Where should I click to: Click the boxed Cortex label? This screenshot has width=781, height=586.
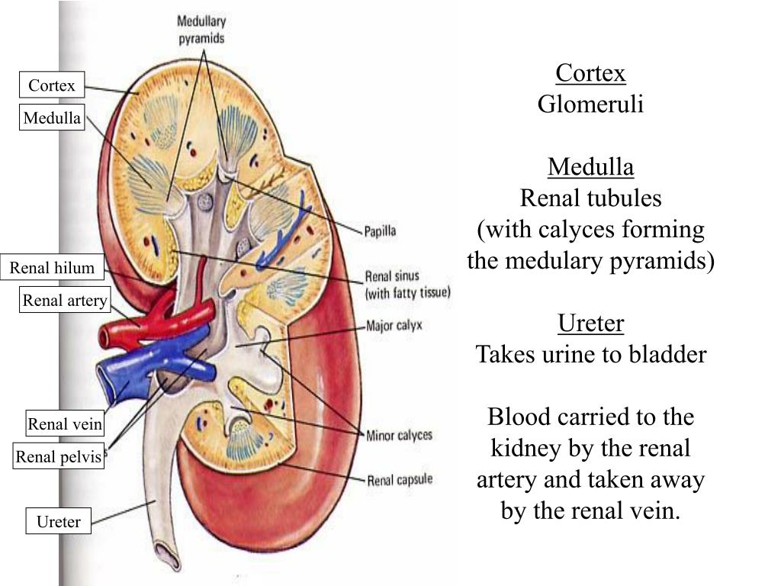click(x=52, y=85)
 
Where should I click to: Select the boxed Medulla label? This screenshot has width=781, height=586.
click(x=52, y=118)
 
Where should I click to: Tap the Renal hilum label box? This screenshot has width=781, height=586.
click(x=52, y=268)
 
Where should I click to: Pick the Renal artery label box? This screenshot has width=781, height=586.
click(x=65, y=301)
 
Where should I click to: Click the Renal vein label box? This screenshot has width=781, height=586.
click(x=65, y=424)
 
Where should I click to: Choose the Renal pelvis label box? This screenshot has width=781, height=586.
click(x=59, y=457)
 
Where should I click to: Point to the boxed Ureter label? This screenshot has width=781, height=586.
click(x=59, y=522)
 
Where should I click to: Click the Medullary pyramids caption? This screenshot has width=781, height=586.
click(x=201, y=29)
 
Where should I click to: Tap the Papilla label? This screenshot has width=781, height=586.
click(x=379, y=230)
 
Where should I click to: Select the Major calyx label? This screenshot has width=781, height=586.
click(x=394, y=326)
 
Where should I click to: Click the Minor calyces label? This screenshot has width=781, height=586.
click(x=399, y=436)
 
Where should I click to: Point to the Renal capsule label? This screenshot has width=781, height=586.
click(x=400, y=480)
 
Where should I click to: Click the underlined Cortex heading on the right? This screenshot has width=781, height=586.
click(x=590, y=73)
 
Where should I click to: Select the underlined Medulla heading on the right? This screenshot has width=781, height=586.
click(x=590, y=166)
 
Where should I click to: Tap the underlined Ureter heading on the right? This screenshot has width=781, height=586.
click(x=590, y=324)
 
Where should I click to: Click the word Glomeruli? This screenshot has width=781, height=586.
click(x=590, y=105)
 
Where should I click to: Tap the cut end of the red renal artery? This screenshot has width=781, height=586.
click(x=107, y=336)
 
